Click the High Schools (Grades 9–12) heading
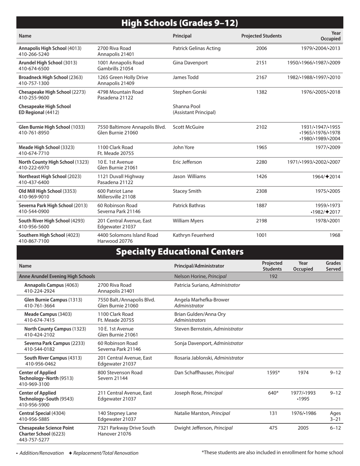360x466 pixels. coord(180,23)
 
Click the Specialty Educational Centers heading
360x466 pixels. coord(180,252)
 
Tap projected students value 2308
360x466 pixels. coord(261,191)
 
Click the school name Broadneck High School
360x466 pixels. coord(44,77)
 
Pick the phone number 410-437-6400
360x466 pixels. coord(34,182)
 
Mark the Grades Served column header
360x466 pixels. coord(333,266)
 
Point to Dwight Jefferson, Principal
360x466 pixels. coord(203,428)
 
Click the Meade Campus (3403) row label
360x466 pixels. coord(48,314)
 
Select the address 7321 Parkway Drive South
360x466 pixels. coord(126,428)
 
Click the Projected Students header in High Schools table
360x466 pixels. coord(261,36)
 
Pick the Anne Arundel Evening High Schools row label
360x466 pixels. coord(57,276)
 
